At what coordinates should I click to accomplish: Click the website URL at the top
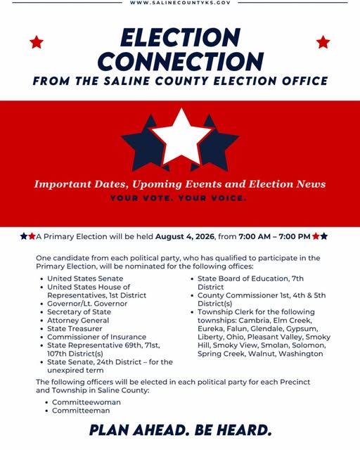(180, 4)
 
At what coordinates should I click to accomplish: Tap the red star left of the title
(37, 42)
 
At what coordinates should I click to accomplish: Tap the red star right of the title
(323, 42)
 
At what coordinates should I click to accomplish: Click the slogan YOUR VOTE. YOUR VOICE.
(179, 198)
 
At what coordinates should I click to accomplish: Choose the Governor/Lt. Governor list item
(87, 304)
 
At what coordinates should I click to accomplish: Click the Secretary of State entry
(79, 312)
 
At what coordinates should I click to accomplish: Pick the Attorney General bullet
(78, 321)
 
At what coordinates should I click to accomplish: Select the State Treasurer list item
(75, 329)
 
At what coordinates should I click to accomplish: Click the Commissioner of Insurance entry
(96, 337)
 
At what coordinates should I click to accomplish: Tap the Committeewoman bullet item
(86, 402)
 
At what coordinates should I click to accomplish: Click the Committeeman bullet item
(81, 411)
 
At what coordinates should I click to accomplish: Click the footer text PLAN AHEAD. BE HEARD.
(180, 430)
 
